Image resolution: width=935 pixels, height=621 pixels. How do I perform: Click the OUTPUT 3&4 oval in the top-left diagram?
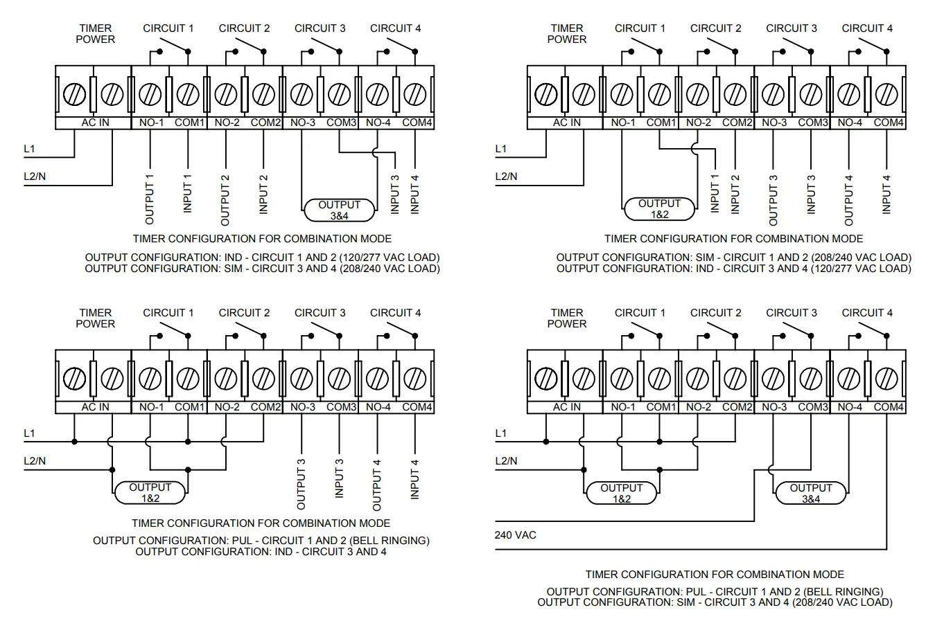(x=339, y=210)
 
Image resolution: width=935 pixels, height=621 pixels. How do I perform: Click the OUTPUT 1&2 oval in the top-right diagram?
(x=658, y=209)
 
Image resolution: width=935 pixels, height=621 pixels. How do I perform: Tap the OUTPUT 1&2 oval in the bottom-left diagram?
(x=149, y=493)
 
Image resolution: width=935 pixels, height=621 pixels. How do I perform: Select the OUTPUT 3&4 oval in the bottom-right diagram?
(x=810, y=493)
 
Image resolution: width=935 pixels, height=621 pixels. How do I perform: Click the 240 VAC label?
(x=515, y=535)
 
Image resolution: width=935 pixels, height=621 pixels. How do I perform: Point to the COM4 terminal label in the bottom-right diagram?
(x=888, y=407)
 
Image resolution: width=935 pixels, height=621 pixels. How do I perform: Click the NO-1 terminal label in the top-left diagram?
(x=150, y=123)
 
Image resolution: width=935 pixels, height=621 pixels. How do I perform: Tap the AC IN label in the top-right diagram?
(x=566, y=123)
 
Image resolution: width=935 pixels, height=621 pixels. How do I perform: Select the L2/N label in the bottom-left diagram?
(x=35, y=461)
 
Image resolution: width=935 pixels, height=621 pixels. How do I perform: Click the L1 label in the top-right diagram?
(x=500, y=149)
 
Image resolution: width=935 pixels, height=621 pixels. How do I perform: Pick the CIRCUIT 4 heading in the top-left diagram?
(x=395, y=28)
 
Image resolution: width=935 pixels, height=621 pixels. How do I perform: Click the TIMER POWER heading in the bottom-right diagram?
(x=566, y=318)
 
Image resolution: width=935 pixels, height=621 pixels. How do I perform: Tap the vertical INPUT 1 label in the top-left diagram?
(x=187, y=193)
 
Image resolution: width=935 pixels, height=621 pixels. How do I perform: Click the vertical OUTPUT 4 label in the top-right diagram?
(x=848, y=200)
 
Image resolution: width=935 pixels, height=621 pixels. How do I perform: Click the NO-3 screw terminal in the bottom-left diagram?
(x=301, y=379)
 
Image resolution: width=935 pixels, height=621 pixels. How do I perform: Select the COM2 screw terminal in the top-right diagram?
(x=735, y=93)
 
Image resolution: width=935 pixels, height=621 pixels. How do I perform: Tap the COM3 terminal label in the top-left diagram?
(x=341, y=123)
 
